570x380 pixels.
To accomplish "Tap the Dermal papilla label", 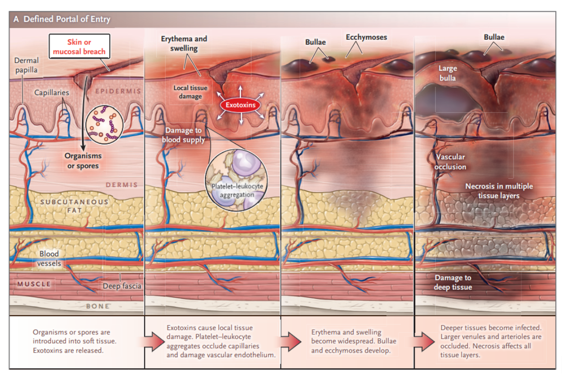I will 26,65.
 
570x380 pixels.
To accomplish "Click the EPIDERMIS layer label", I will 117,91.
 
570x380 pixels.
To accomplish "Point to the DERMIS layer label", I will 121,185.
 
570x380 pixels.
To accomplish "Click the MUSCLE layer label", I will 34,284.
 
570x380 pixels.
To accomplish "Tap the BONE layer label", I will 98,306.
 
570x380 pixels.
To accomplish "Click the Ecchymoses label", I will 366,37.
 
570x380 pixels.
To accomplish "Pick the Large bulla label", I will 447,73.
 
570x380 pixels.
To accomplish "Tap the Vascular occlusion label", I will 450,162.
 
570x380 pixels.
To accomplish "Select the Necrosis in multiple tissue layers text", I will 499,191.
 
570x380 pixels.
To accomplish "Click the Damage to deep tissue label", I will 452,282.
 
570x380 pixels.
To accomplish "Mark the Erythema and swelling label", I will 184,43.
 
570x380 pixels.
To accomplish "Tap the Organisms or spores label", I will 83,161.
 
